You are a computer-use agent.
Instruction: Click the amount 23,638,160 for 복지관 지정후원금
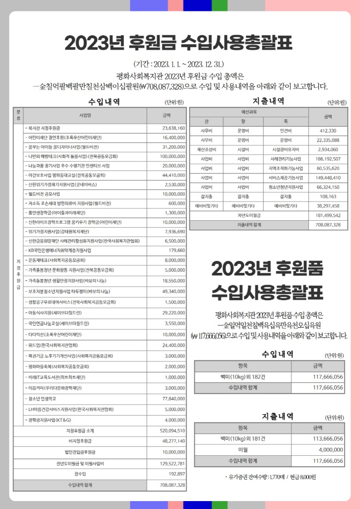point(174,128)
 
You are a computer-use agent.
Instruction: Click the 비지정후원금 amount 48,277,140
point(173,441)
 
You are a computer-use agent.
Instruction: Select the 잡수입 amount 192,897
point(177,474)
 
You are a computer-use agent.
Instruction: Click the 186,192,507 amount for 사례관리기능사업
point(326,159)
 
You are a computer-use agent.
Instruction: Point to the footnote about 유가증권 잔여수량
point(270,477)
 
